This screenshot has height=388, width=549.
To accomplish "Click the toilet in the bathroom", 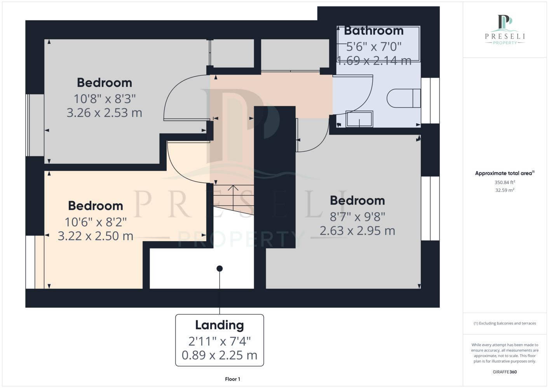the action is tap(404, 98).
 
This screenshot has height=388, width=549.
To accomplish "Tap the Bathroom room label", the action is tap(373, 31).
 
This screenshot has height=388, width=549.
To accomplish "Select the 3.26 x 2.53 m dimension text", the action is tap(105, 113).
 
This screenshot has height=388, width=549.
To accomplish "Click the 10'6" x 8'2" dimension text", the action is tap(96, 222).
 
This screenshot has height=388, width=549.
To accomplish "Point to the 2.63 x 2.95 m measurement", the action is tap(357, 230).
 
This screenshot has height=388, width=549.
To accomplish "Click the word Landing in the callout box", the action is tap(220, 325).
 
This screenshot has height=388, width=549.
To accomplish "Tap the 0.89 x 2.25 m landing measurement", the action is tap(220, 355).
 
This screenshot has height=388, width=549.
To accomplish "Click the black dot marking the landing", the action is tap(220, 268).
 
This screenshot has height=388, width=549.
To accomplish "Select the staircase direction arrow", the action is tap(233, 198).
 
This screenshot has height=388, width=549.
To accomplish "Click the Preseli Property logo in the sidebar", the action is tap(505, 30).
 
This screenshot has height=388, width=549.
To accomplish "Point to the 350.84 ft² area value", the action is tap(505, 182).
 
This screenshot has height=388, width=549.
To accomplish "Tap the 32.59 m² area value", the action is tap(505, 190).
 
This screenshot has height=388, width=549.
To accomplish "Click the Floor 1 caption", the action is tap(233, 379).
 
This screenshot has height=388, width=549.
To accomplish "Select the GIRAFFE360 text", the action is tap(505, 372).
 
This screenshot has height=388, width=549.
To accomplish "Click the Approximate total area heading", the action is tap(505, 173).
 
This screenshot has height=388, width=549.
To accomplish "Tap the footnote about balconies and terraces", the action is tap(505, 323).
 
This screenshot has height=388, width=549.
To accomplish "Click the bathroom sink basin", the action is tap(359, 119).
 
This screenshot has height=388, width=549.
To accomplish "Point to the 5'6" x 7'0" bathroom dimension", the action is tap(373, 47).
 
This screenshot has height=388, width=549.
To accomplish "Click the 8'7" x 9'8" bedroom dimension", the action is tap(357, 217).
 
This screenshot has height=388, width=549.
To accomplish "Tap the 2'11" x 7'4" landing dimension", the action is tap(220, 341).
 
